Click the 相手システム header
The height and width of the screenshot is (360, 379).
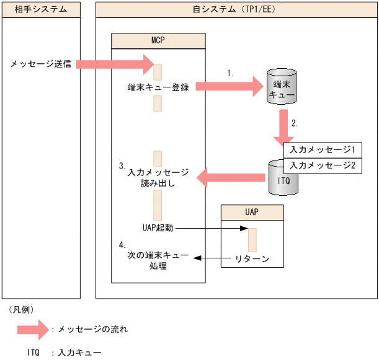point(41,10)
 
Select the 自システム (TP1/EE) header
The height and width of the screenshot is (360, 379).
point(236,10)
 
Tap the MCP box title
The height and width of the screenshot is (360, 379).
point(158,41)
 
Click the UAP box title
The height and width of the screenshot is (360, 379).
point(252,212)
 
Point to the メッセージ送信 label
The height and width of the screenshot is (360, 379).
point(40,64)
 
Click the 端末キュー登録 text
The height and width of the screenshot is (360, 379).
point(158,87)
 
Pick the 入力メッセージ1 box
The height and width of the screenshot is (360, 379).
point(322,151)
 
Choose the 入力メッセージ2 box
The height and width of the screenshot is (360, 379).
point(322,166)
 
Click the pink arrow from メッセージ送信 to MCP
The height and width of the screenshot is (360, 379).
point(115,63)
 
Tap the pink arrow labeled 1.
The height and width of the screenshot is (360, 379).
point(230,87)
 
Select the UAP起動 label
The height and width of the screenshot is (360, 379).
point(157,228)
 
